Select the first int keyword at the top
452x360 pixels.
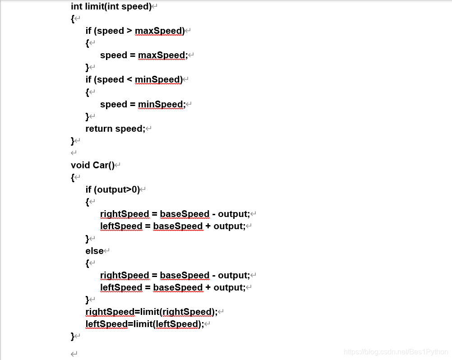(76, 6)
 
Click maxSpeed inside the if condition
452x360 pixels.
(159, 31)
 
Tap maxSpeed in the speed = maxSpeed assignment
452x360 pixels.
(161, 55)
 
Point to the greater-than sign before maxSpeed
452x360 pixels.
(129, 31)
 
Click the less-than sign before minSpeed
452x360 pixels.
(129, 79)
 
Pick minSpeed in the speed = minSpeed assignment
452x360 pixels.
(160, 104)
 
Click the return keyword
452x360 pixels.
(99, 129)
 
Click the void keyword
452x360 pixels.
(80, 165)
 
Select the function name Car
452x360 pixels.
(101, 165)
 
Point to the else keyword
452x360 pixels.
(94, 251)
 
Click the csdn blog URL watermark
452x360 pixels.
(395, 351)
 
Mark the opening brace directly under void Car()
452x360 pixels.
(73, 177)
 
